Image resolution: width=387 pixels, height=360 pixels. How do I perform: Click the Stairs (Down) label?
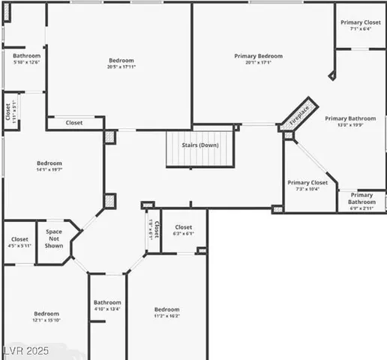coord(199,145)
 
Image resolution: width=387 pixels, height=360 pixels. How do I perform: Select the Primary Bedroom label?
coord(258,56)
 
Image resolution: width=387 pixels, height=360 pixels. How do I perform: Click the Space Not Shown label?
coord(53,238)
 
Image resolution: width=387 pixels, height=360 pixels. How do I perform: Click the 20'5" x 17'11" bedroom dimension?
coord(121,67)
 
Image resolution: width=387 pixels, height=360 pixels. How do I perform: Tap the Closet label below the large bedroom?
coord(74,123)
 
